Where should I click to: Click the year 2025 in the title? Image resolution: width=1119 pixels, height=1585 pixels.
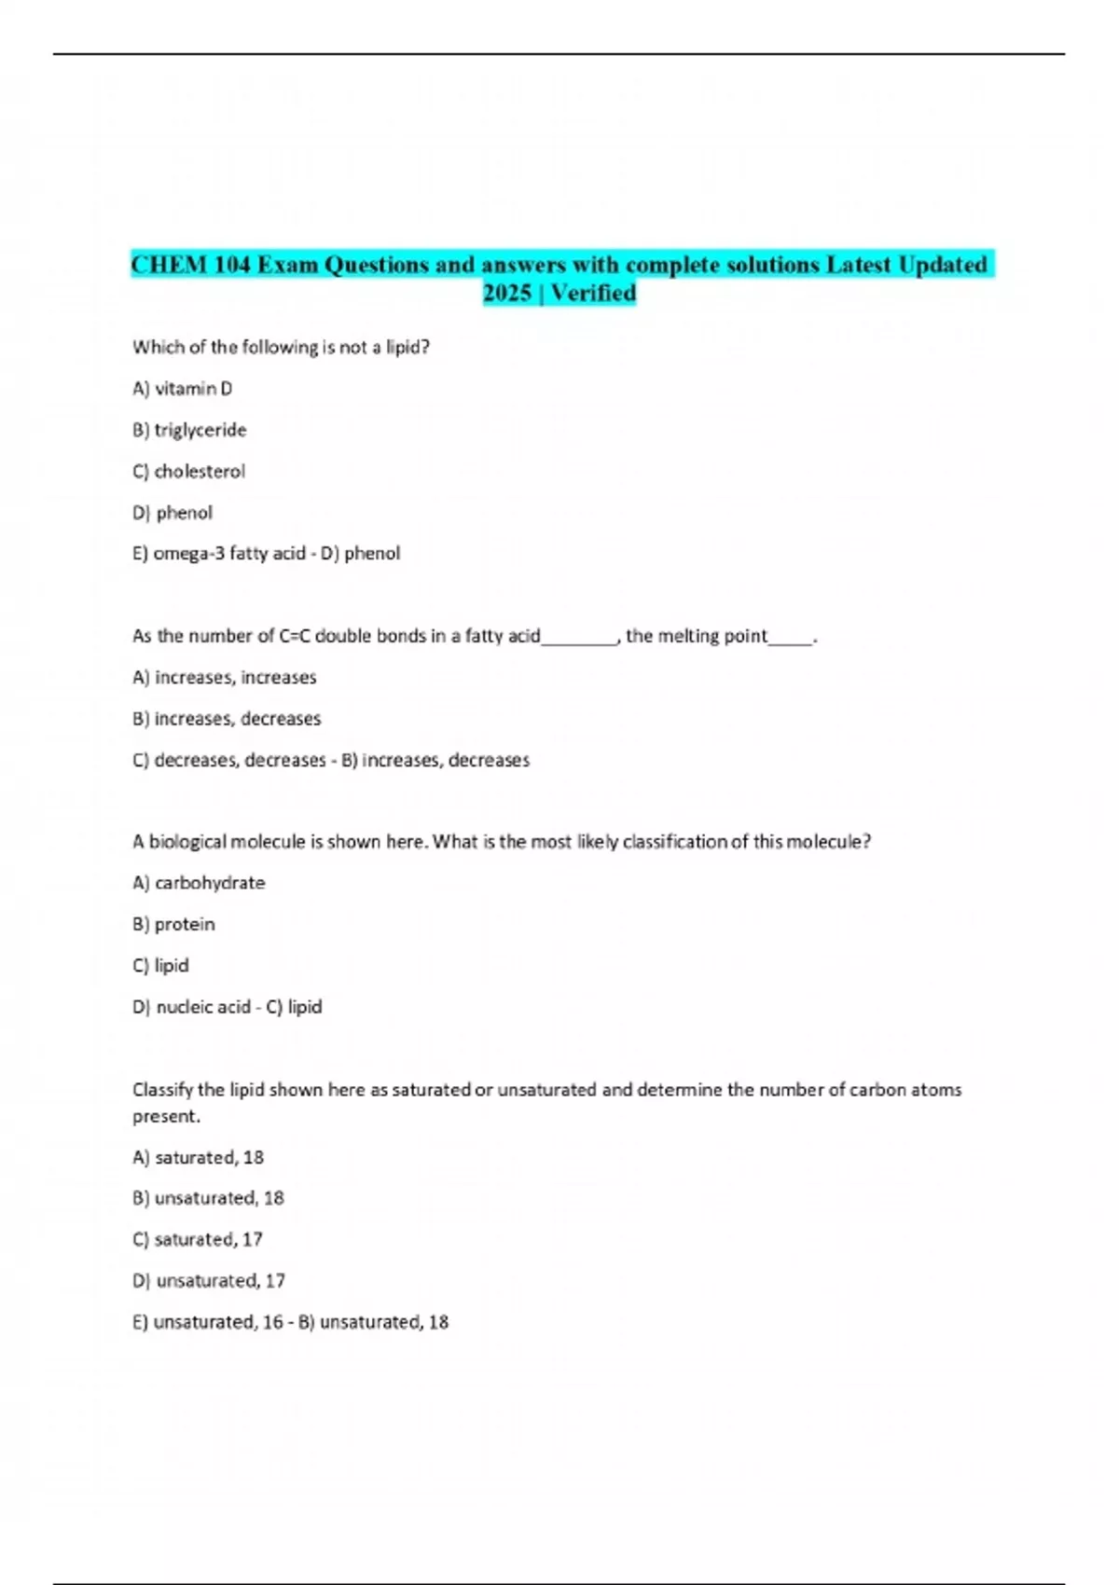point(507,293)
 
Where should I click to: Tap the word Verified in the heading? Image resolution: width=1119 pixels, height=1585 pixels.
point(593,293)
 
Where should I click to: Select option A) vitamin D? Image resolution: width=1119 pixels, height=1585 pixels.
point(183,388)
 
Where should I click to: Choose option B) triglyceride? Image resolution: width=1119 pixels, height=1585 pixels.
point(189,430)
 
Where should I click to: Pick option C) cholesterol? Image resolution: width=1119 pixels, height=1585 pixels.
point(188,471)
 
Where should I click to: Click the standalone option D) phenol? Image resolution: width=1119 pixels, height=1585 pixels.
point(173,512)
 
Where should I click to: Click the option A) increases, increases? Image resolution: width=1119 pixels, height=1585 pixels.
point(224,677)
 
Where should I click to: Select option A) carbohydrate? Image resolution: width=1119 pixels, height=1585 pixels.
point(199,882)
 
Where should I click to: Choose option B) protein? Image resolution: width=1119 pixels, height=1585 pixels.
point(173,924)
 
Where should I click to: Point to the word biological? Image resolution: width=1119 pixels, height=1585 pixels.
point(187,841)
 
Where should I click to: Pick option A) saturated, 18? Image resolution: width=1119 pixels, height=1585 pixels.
point(198,1157)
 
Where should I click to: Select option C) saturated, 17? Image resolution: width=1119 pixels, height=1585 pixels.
point(198,1239)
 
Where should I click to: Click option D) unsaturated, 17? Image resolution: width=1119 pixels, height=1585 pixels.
point(209,1280)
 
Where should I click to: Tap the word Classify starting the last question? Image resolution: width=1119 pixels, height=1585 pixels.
point(162,1089)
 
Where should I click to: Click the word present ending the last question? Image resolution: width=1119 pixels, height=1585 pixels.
point(165,1116)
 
